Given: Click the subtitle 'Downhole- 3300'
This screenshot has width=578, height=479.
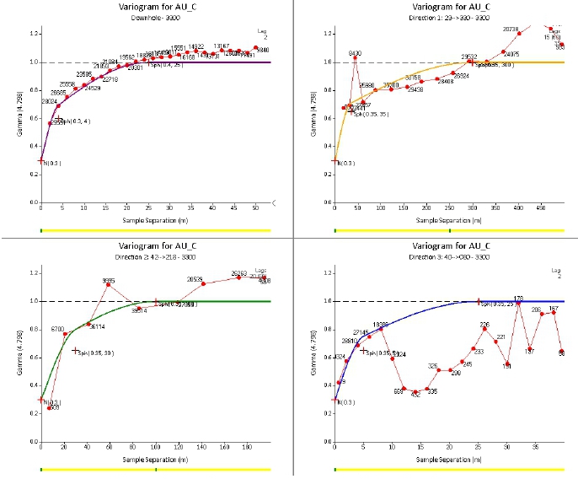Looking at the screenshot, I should pos(145,17).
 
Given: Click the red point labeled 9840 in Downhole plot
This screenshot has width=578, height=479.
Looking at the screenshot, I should pos(255,48).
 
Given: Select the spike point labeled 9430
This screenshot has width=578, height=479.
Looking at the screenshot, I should pos(356,57).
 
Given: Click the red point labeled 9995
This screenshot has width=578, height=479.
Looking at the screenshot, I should pos(108,284).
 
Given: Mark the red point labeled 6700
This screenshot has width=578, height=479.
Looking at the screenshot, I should pos(65,334).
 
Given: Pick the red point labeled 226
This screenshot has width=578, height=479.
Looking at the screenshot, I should pos(484,329).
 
